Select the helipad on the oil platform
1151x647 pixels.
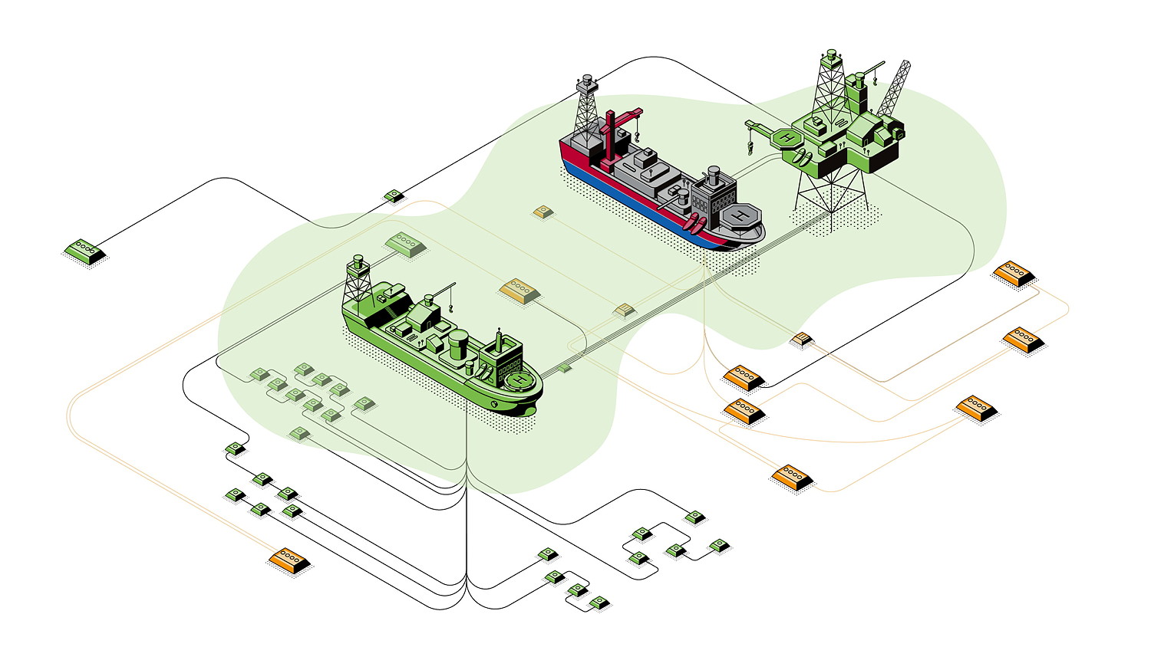pos(787,139)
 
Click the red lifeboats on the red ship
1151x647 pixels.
pos(696,225)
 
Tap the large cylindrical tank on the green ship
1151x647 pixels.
pos(458,344)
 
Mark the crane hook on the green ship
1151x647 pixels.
pos(451,307)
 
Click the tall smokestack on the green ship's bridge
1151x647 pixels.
pos(500,340)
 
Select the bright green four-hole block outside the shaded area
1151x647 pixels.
pos(84,250)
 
